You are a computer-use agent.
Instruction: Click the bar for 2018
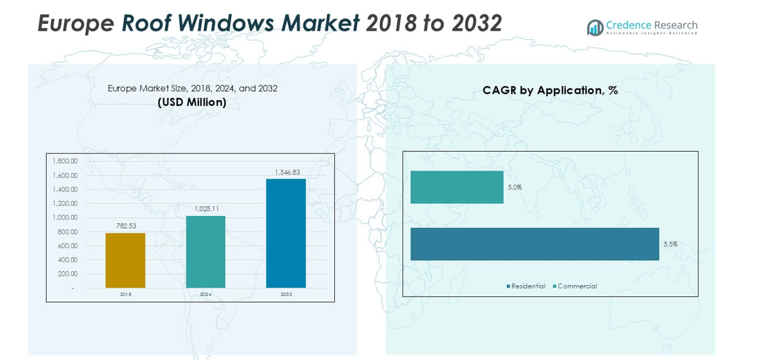(125, 261)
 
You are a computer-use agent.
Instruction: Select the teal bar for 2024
(206, 252)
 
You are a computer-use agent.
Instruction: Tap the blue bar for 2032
(286, 233)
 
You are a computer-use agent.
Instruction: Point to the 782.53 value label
(126, 225)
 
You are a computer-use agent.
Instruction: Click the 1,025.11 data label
(206, 208)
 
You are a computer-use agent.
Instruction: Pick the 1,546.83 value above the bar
(287, 172)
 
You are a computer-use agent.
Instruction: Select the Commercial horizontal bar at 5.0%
(456, 187)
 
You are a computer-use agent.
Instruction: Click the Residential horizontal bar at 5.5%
(534, 244)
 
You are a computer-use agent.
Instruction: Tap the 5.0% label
(514, 188)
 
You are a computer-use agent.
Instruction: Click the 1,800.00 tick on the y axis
(65, 162)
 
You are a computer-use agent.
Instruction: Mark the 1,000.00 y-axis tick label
(65, 218)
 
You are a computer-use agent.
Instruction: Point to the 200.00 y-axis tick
(67, 274)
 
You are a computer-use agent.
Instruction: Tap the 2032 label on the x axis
(286, 294)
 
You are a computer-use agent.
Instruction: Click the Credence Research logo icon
(594, 28)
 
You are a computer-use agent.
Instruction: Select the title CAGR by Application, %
(550, 91)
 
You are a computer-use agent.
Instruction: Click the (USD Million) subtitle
(192, 102)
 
